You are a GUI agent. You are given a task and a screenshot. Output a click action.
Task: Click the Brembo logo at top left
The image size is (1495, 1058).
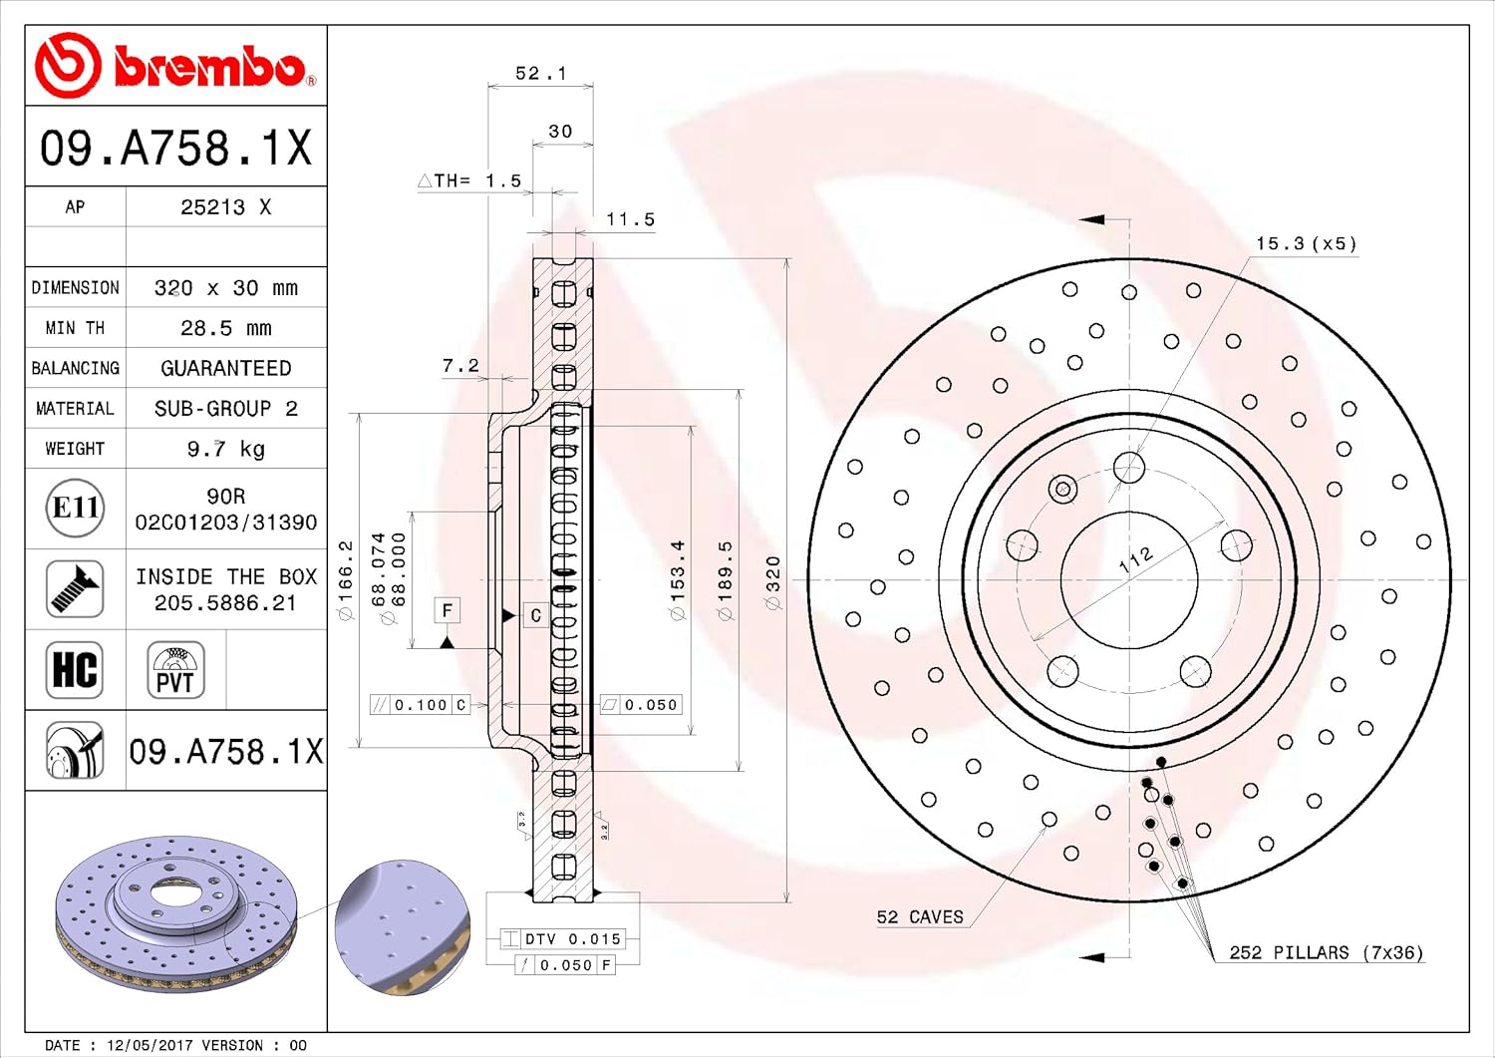click(175, 66)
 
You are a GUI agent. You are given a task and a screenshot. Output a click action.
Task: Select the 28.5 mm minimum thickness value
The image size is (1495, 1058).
click(225, 328)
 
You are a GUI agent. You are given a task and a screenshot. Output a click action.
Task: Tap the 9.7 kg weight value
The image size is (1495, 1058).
click(225, 449)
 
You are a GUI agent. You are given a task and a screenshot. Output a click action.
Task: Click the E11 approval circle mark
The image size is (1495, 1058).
click(75, 508)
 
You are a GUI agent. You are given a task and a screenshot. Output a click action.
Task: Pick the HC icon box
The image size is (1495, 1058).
click(75, 670)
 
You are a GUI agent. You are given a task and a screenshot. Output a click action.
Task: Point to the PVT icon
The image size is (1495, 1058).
click(175, 670)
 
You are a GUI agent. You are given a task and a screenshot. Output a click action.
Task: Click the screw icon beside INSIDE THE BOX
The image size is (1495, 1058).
click(75, 588)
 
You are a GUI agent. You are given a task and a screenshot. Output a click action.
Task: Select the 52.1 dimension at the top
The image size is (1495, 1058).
click(540, 73)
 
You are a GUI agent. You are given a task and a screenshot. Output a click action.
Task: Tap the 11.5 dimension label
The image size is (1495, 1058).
click(630, 219)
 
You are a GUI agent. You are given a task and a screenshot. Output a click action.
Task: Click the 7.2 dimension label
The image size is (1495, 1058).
click(460, 365)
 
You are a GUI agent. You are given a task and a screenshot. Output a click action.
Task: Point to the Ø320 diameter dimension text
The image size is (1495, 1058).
click(772, 581)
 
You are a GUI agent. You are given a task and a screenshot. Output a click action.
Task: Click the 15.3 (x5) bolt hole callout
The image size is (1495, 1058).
click(1306, 243)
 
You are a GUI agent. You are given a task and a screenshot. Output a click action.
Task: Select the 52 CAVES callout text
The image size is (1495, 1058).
click(920, 917)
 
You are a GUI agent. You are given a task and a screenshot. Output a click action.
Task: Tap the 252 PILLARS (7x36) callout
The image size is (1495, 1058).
click(1327, 952)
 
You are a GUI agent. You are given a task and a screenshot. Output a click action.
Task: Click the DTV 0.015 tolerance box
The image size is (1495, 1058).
click(563, 939)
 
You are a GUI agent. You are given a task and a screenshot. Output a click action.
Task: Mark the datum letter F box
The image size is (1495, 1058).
click(448, 610)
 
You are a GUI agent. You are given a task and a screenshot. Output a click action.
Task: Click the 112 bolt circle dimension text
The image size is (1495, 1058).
click(1136, 559)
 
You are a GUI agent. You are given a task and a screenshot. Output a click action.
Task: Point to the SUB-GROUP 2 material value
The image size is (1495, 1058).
click(225, 408)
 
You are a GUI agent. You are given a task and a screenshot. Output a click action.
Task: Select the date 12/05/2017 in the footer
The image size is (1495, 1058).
click(149, 1045)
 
